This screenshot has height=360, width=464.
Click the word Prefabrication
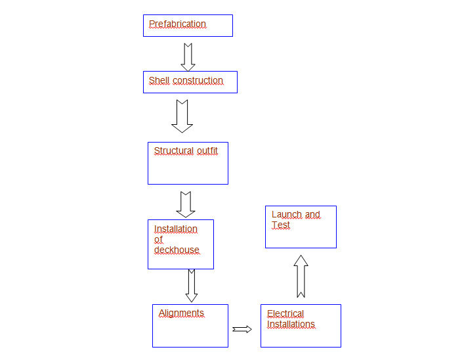tap(177, 24)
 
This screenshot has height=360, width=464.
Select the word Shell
tap(159, 81)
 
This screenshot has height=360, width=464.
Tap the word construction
tap(198, 81)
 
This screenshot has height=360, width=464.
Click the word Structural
tap(174, 151)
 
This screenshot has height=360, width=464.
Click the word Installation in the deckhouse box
tap(175, 229)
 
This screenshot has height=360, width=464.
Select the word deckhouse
tap(177, 250)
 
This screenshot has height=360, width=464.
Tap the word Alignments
tap(181, 313)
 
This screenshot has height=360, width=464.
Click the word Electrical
tap(285, 314)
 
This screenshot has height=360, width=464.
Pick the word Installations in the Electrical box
tap(291, 325)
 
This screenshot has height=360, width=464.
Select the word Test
tap(280, 225)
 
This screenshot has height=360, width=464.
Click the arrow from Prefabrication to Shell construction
tap(188, 57)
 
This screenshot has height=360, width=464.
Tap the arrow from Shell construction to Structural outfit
tap(182, 116)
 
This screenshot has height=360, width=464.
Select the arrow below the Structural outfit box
tap(186, 204)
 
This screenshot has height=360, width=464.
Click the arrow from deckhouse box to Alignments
tap(191, 286)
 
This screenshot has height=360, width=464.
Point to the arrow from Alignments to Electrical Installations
tap(242, 329)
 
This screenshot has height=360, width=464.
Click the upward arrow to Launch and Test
tap(301, 276)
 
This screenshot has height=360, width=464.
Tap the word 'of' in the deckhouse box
tap(158, 240)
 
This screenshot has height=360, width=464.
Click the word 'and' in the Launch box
tap(312, 215)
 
